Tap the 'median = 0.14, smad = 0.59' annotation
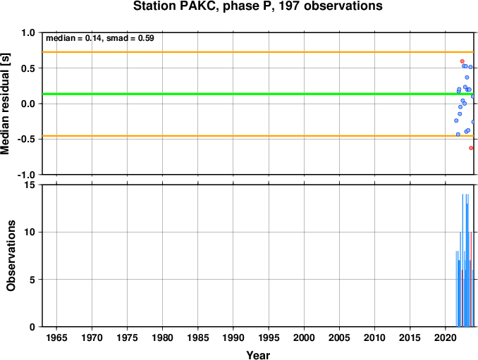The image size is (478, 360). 100,38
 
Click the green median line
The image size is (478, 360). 258,94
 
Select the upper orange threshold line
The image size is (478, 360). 258,52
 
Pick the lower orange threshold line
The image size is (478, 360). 258,136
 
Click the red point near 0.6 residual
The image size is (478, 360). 462,61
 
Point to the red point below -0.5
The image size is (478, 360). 471,148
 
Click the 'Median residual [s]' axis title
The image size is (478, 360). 5,104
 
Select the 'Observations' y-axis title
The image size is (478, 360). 11,256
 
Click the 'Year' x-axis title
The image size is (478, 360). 258,355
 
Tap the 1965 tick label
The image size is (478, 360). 56,337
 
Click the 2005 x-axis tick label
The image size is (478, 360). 339,337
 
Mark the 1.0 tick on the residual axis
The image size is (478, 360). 28,33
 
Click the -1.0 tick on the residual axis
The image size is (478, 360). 27,175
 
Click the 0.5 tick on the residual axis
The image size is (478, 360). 28,68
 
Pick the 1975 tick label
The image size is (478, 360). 127,337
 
